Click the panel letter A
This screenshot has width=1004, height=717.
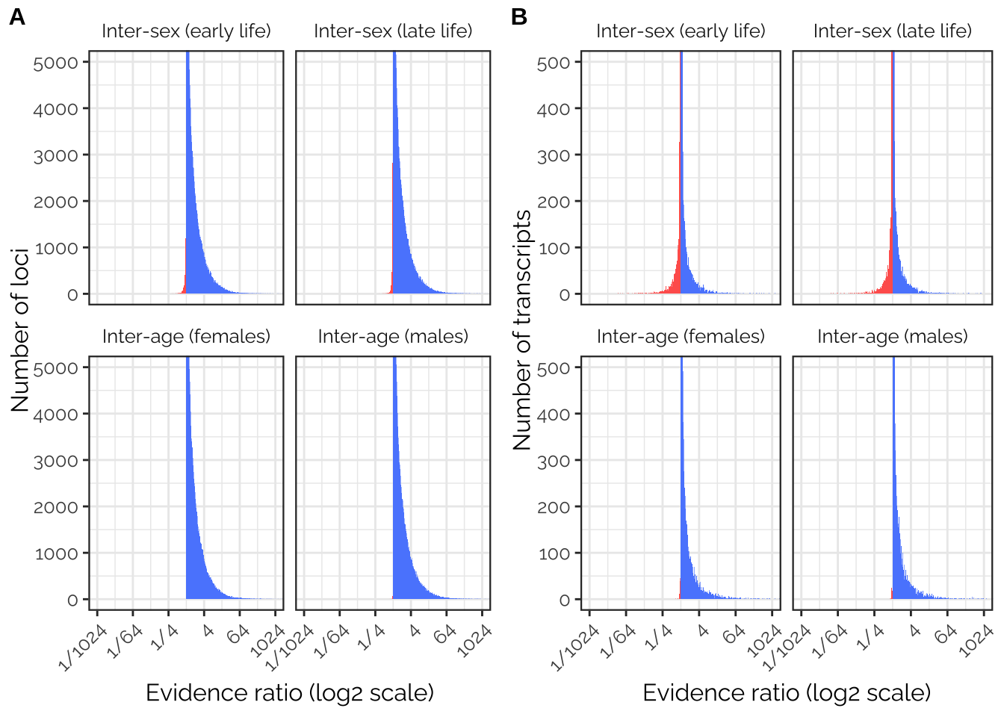[17, 17]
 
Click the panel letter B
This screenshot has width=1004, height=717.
[519, 17]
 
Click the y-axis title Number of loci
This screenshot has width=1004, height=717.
[20, 329]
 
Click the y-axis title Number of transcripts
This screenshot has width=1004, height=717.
[522, 329]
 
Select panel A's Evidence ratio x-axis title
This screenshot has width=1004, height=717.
[290, 692]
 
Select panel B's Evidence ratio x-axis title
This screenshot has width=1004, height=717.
[787, 692]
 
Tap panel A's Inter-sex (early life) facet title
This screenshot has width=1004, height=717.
[186, 31]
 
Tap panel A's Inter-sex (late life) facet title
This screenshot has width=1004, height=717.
[393, 31]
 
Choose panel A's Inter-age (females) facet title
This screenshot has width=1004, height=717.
[186, 337]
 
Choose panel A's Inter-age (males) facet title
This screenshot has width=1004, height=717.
[393, 337]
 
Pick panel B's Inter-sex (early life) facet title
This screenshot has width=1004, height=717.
[681, 31]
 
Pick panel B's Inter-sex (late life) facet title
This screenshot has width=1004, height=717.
[893, 31]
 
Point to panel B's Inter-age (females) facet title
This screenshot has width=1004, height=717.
[681, 337]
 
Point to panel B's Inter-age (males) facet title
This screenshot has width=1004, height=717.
[893, 337]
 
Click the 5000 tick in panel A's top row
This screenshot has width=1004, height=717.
[56, 63]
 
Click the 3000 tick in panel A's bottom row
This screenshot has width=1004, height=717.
[56, 461]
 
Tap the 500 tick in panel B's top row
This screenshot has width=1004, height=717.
[554, 63]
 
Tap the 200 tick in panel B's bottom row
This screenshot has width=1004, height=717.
[554, 507]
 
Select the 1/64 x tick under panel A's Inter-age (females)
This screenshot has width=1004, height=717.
[125, 641]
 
